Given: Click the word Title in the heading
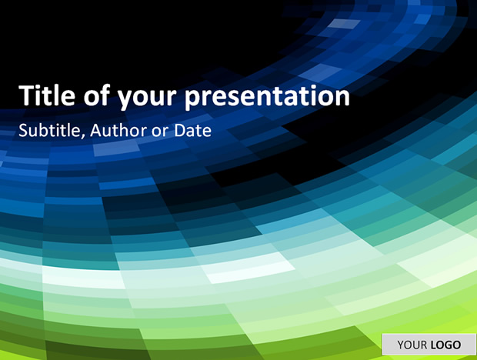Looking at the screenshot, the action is point(47,95).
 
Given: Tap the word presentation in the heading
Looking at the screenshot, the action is point(268,97).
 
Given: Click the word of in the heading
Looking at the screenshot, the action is point(96,95).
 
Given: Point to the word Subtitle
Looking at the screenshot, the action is point(49,130).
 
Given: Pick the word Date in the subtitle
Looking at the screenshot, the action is point(193,130).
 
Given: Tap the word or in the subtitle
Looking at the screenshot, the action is point(160,132).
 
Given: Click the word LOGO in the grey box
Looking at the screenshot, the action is point(445,345).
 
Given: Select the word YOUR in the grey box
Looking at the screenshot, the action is point(412,345).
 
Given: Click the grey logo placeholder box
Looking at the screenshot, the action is point(429,345).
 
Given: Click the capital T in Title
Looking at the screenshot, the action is point(26,95).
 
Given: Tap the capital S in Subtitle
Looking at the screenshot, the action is point(23,130).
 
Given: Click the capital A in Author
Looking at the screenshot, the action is point(96,130).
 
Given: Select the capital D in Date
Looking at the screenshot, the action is point(180,130).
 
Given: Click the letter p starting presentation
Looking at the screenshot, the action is point(193,99).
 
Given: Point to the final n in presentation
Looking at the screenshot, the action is point(342,97).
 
